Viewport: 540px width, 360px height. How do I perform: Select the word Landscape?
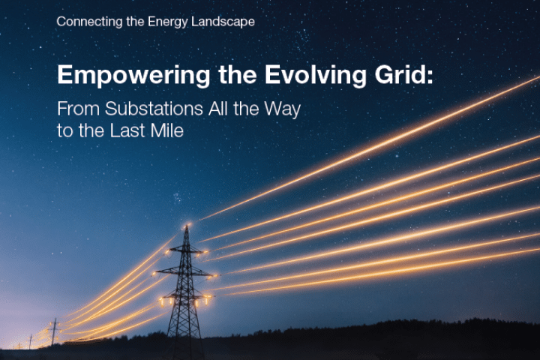click(223, 21)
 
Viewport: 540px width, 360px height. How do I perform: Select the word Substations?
click(148, 109)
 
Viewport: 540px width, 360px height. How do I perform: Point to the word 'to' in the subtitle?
click(64, 130)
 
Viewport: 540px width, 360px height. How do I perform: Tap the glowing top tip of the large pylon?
click(185, 225)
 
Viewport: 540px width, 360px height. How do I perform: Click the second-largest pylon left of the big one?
click(54, 331)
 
